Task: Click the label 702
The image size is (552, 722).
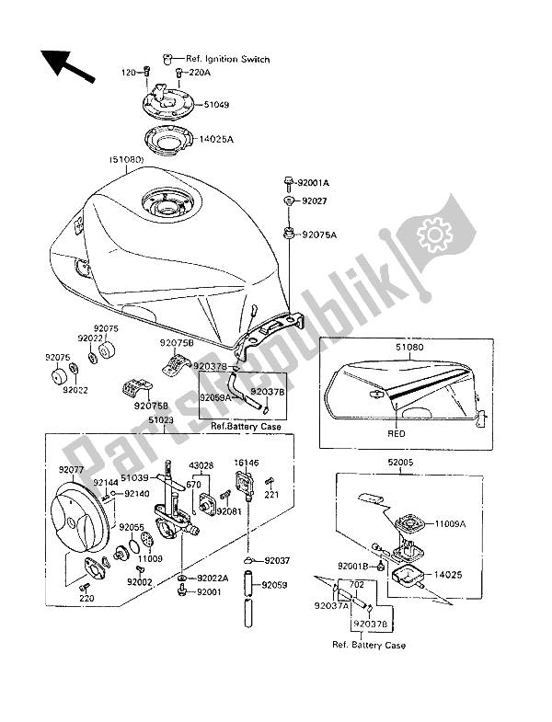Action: point(358,585)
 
